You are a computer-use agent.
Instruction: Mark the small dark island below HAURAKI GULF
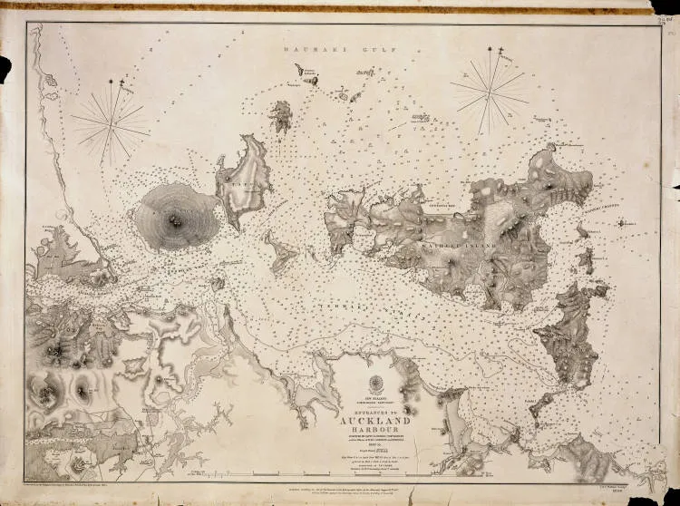281,117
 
